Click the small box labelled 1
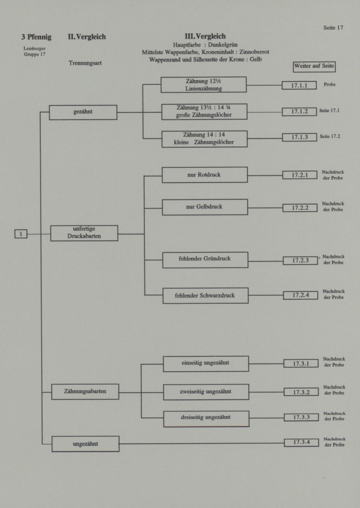21,234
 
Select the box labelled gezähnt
83,112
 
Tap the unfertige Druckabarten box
84,233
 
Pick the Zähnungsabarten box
85,392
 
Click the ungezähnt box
85,444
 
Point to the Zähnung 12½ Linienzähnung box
204,85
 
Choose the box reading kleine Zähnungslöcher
204,139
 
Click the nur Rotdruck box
205,175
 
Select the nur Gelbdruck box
205,207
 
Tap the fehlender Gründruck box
205,260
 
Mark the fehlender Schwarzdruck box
206,296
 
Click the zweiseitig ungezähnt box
206,392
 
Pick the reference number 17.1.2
299,112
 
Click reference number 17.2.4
300,295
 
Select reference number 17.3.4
301,443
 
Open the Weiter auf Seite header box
314,67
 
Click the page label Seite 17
333,28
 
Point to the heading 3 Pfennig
36,37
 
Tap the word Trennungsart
85,63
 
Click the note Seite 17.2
330,136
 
